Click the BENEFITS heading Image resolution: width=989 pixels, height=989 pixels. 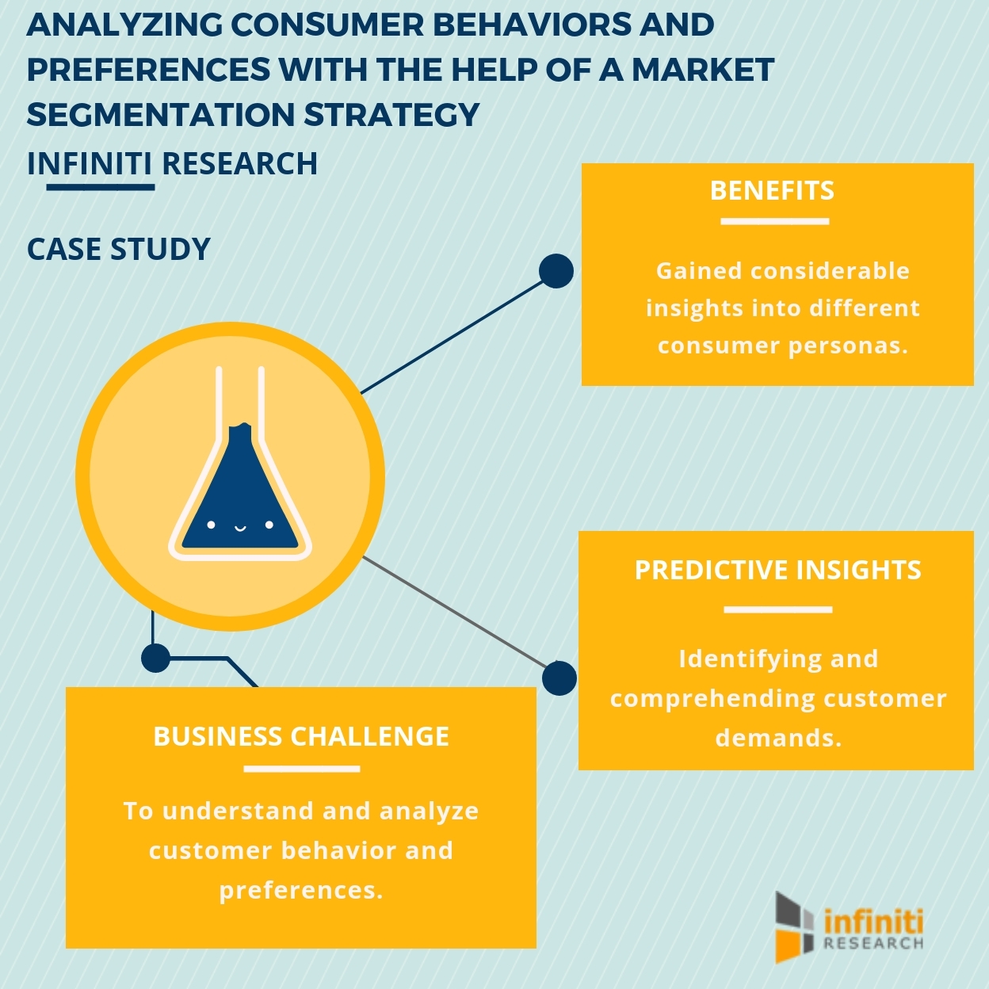click(x=772, y=191)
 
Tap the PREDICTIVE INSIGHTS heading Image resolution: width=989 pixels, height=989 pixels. click(x=777, y=570)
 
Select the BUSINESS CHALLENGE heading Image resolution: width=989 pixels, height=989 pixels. click(x=301, y=736)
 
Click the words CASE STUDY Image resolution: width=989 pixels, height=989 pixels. click(x=119, y=249)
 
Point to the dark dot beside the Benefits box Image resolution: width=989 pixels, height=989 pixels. click(x=556, y=271)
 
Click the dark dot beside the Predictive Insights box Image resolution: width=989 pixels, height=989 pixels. click(x=559, y=678)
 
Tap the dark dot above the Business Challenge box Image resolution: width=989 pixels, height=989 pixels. click(x=155, y=658)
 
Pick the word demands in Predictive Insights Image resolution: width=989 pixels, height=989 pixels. click(x=777, y=738)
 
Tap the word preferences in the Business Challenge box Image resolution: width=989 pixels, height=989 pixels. click(x=301, y=890)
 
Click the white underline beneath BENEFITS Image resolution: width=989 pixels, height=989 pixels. click(x=774, y=222)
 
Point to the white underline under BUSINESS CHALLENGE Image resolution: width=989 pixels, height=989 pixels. click(x=301, y=769)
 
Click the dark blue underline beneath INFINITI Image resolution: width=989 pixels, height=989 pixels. click(x=100, y=188)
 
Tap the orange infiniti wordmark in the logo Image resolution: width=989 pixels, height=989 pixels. click(x=873, y=922)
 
